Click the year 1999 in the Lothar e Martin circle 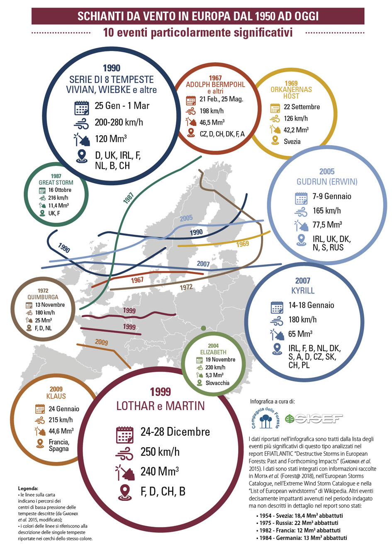pyautogui.click(x=160, y=392)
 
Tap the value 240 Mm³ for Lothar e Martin pyautogui.click(x=160, y=471)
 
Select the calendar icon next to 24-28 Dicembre pyautogui.click(x=124, y=434)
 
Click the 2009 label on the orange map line pyautogui.click(x=101, y=342)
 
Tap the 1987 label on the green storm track pyautogui.click(x=129, y=198)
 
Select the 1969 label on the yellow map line pyautogui.click(x=243, y=244)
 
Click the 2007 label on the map pyautogui.click(x=203, y=264)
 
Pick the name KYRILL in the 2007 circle pyautogui.click(x=303, y=290)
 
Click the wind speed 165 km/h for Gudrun pyautogui.click(x=326, y=211)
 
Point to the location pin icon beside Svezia pyautogui.click(x=275, y=141)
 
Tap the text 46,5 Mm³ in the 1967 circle pyautogui.click(x=212, y=122)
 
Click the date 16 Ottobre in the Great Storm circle pyautogui.click(x=59, y=190)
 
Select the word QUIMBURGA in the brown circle pyautogui.click(x=43, y=297)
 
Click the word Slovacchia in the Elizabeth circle pyautogui.click(x=217, y=383)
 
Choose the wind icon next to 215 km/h pyautogui.click(x=40, y=420)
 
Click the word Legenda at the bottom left pyautogui.click(x=28, y=488)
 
